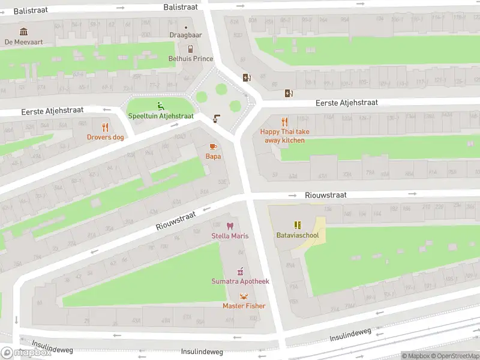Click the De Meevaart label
pyautogui.click(x=24, y=42)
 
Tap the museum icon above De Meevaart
pyautogui.click(x=24, y=31)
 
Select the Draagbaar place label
pyautogui.click(x=185, y=35)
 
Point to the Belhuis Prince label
pyautogui.click(x=191, y=59)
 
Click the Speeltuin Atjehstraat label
pyautogui.click(x=160, y=116)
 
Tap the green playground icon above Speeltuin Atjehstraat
pyautogui.click(x=160, y=106)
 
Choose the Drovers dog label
pyautogui.click(x=106, y=137)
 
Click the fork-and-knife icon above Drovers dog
pyautogui.click(x=106, y=127)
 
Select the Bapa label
pyautogui.click(x=213, y=157)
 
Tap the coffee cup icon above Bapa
pyautogui.click(x=213, y=146)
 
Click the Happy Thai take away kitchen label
pyautogui.click(x=285, y=136)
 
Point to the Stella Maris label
pyautogui.click(x=230, y=236)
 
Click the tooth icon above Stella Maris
pyautogui.click(x=230, y=226)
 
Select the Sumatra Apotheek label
pyautogui.click(x=240, y=281)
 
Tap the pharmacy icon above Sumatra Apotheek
pyautogui.click(x=240, y=271)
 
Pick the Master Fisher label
pyautogui.click(x=244, y=306)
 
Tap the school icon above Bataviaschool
pyautogui.click(x=297, y=225)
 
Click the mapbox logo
pyautogui.click(x=26, y=352)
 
